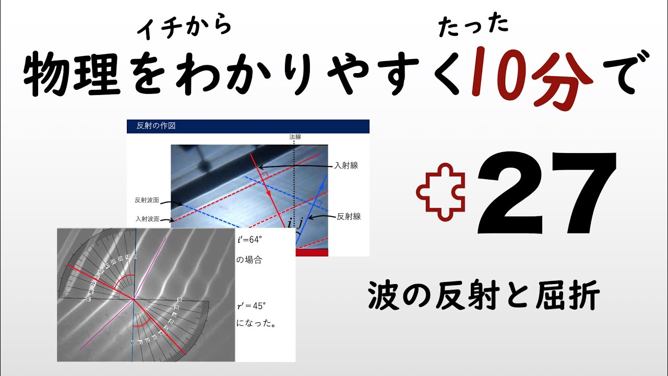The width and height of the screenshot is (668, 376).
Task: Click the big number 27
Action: pyautogui.click(x=544, y=193)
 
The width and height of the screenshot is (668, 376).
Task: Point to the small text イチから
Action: pyautogui.click(x=184, y=26)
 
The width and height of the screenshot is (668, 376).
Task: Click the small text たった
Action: pyautogui.click(x=473, y=26)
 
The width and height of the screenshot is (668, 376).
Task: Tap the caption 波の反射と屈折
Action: pyautogui.click(x=484, y=296)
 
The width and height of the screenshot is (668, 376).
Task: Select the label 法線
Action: pyautogui.click(x=295, y=137)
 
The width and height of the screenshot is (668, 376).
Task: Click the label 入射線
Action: pyautogui.click(x=345, y=166)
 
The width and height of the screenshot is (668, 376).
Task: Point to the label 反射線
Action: pyautogui.click(x=349, y=216)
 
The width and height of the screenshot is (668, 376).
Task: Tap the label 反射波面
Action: pyautogui.click(x=147, y=200)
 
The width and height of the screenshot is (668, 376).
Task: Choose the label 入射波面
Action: pyautogui.click(x=147, y=219)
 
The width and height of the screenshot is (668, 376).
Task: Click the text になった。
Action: pyautogui.click(x=256, y=323)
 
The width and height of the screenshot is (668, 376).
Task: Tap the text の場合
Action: pyautogui.click(x=249, y=260)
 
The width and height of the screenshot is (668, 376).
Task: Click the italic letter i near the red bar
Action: pyautogui.click(x=290, y=224)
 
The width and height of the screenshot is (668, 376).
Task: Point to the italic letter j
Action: pyautogui.click(x=300, y=224)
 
